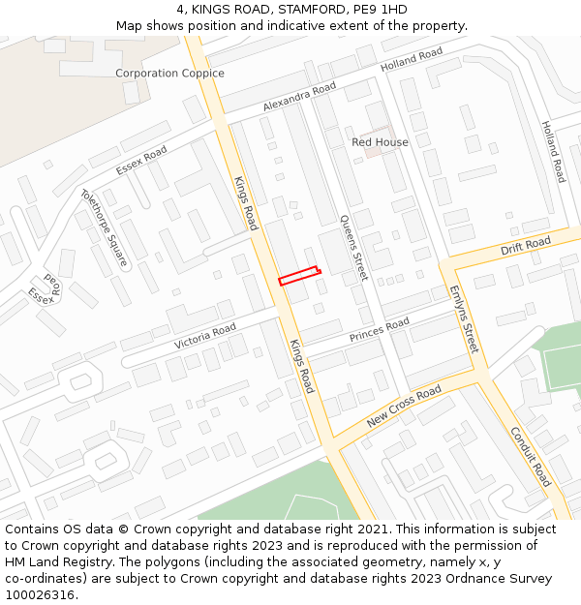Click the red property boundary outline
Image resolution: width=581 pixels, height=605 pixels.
coord(299,276)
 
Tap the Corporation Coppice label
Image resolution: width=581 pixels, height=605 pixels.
coord(169,74)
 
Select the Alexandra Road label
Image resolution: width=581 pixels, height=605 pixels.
coord(299,97)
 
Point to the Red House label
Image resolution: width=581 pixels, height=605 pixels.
coord(380,142)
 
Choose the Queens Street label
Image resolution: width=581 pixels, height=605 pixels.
coord(353,248)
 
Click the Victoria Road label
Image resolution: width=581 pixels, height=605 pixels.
coord(205,337)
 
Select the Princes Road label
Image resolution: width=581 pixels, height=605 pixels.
coord(380,330)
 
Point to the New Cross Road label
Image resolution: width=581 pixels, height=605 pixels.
coord(404,408)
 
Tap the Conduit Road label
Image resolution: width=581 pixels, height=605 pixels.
coord(530,457)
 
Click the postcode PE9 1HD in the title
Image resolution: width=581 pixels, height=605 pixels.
coord(381,10)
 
